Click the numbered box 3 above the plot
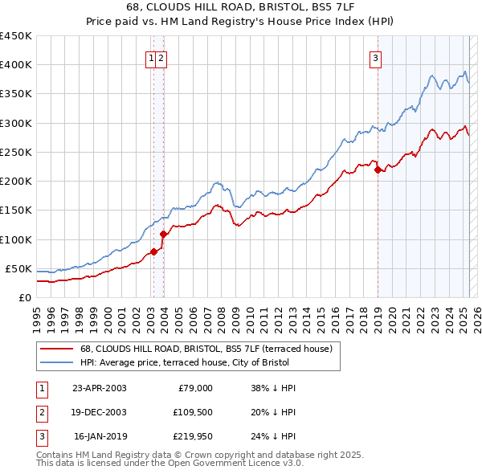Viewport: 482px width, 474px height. pos(375,57)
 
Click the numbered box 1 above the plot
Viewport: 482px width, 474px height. pos(151,57)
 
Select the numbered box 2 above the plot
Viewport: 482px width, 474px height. pos(161,57)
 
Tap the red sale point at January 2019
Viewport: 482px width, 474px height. pos(378,170)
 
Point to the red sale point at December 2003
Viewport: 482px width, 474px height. pos(163,234)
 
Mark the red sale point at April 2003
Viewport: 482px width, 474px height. pos(153,251)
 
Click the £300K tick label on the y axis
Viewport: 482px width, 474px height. pos(15,123)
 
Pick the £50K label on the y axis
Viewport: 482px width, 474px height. pos(18,268)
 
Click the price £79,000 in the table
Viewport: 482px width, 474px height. pos(194,388)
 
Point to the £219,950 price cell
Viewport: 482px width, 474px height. pos(190,436)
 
